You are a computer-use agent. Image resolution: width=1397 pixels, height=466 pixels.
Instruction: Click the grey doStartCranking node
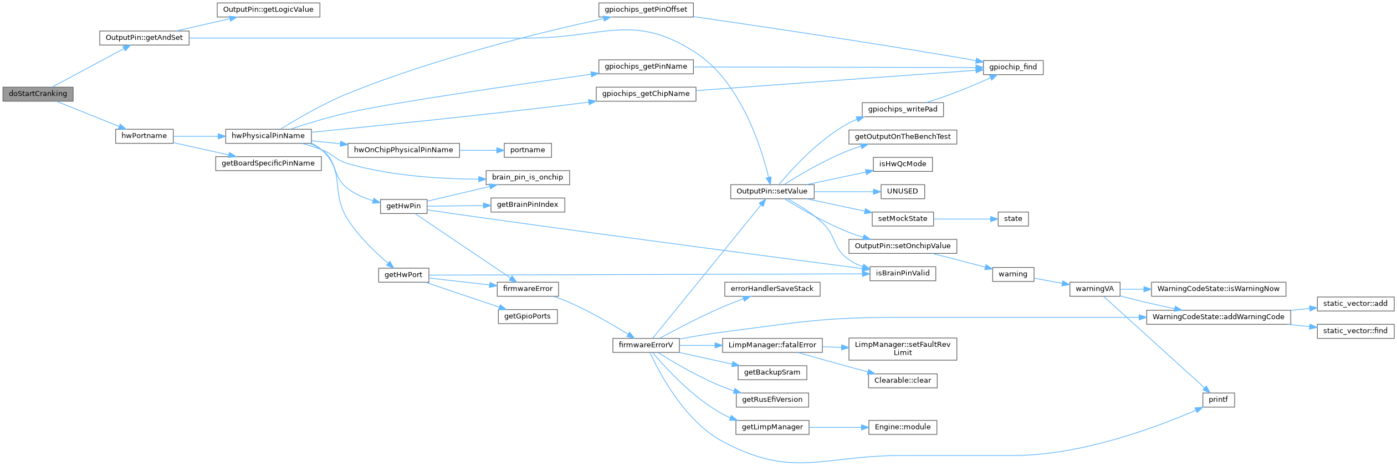(x=38, y=94)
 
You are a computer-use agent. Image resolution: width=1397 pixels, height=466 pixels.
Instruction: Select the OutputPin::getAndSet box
(x=144, y=38)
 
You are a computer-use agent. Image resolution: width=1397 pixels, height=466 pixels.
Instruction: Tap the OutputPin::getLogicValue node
(x=268, y=9)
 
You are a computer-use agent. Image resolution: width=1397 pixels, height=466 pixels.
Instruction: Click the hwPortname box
(x=144, y=136)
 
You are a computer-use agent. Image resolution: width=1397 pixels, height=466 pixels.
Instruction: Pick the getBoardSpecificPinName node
(x=268, y=163)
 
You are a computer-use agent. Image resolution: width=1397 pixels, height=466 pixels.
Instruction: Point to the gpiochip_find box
(x=1013, y=67)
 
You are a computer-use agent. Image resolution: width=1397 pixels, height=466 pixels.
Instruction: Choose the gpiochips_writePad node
(x=903, y=109)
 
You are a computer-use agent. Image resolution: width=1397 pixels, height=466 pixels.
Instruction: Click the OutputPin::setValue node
(x=772, y=191)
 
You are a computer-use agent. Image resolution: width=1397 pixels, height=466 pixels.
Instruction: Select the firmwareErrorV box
(x=646, y=345)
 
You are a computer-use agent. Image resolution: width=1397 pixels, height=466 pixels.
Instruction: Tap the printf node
(x=1219, y=400)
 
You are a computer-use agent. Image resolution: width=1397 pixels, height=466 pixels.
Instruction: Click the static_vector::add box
(x=1355, y=303)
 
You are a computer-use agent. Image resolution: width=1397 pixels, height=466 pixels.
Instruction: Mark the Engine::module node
(x=903, y=427)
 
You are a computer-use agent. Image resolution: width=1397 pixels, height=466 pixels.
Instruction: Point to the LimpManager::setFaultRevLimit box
(x=903, y=349)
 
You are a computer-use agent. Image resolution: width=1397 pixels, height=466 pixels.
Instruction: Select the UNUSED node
(x=903, y=191)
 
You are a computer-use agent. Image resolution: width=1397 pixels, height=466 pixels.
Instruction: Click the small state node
(x=1013, y=219)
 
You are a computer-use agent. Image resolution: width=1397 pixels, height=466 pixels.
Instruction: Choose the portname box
(x=528, y=150)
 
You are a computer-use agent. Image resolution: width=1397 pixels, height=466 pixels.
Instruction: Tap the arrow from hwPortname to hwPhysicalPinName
(x=199, y=136)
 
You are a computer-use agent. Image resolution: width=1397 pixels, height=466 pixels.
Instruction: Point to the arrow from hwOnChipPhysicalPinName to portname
(x=481, y=150)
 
